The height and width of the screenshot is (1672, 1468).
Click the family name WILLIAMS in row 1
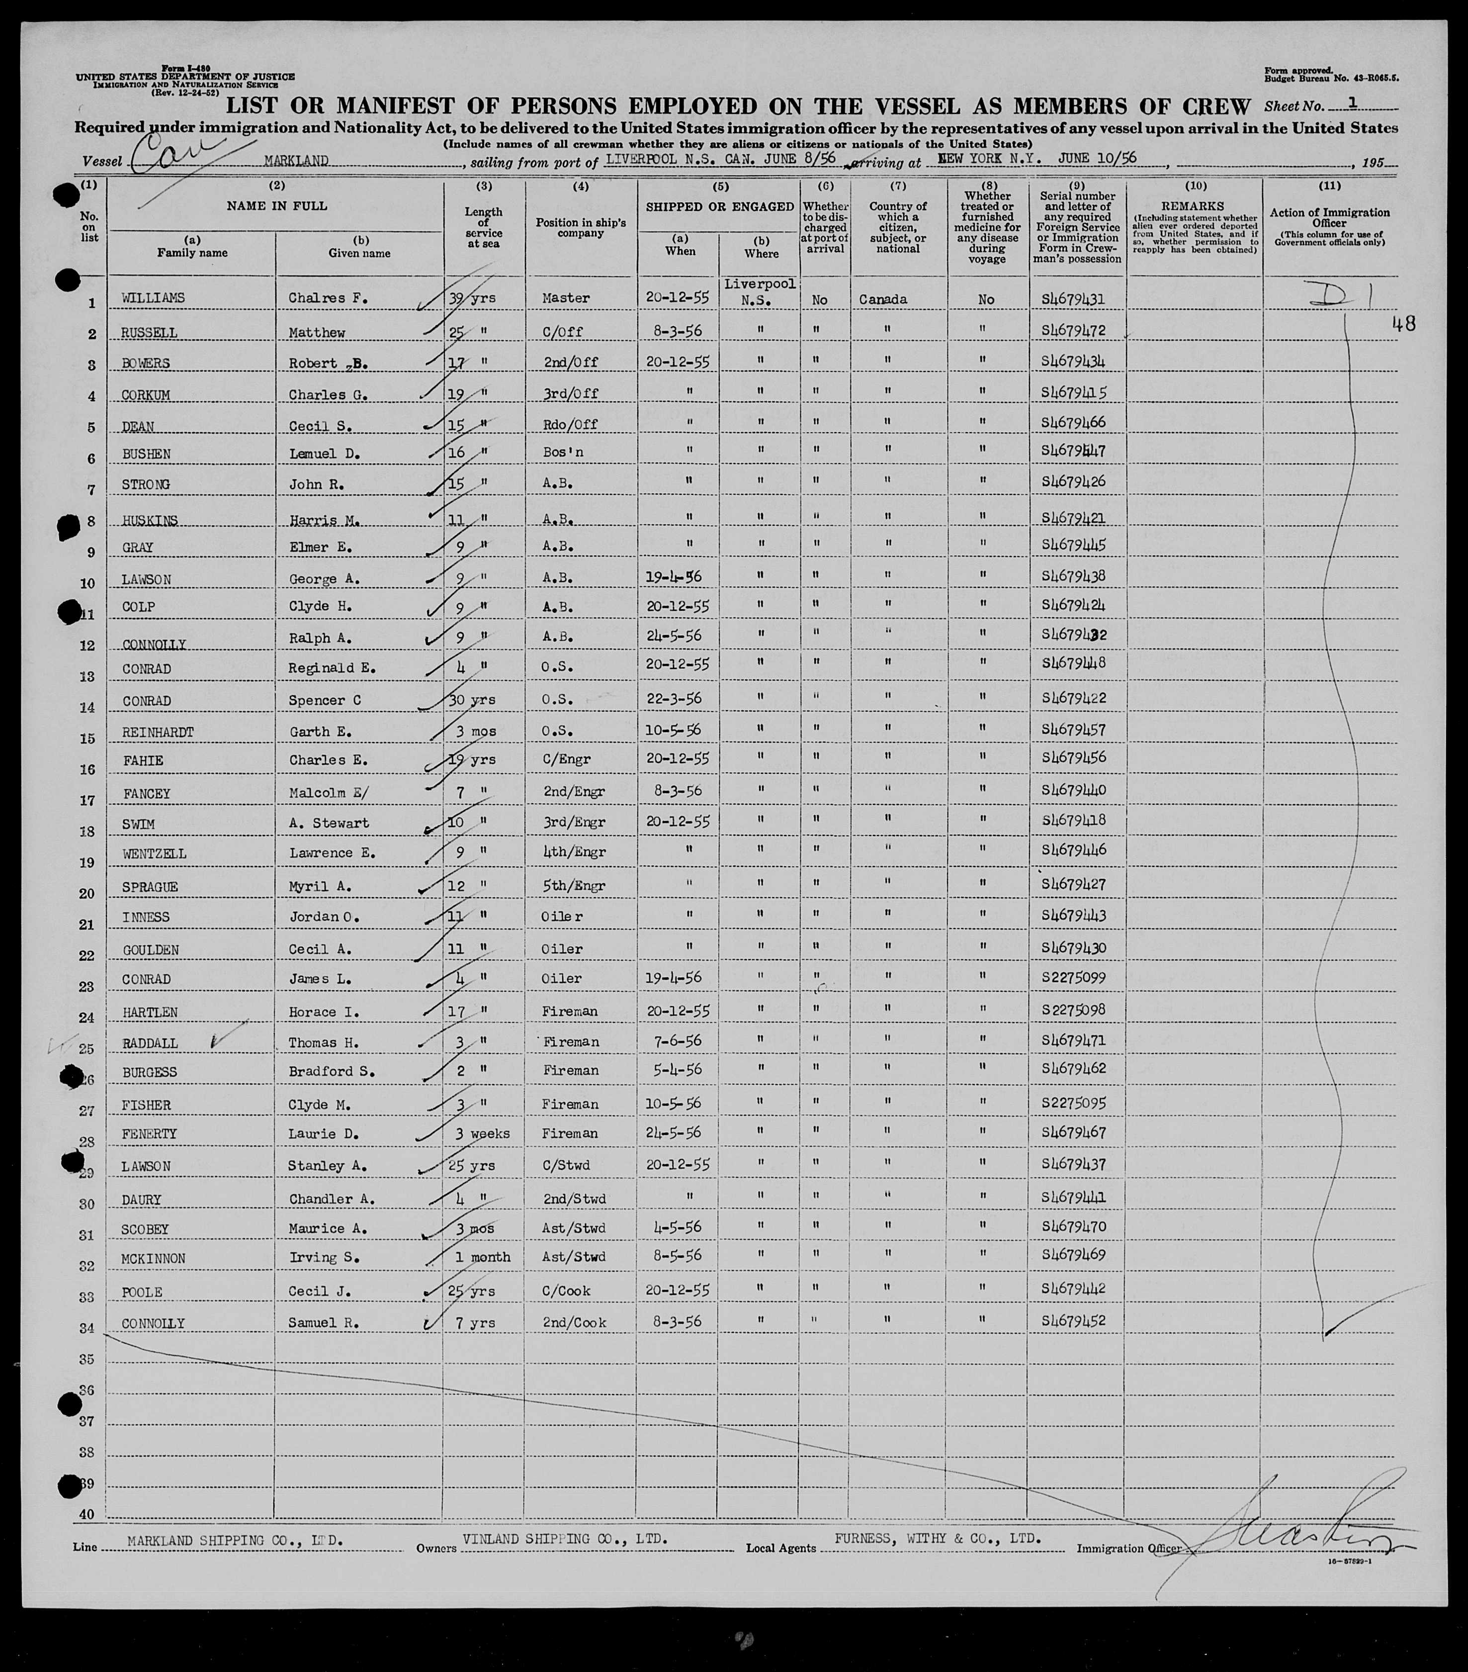pyautogui.click(x=153, y=298)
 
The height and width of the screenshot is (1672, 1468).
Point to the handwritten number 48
pyautogui.click(x=1404, y=324)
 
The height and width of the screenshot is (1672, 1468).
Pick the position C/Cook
pyautogui.click(x=566, y=1290)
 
